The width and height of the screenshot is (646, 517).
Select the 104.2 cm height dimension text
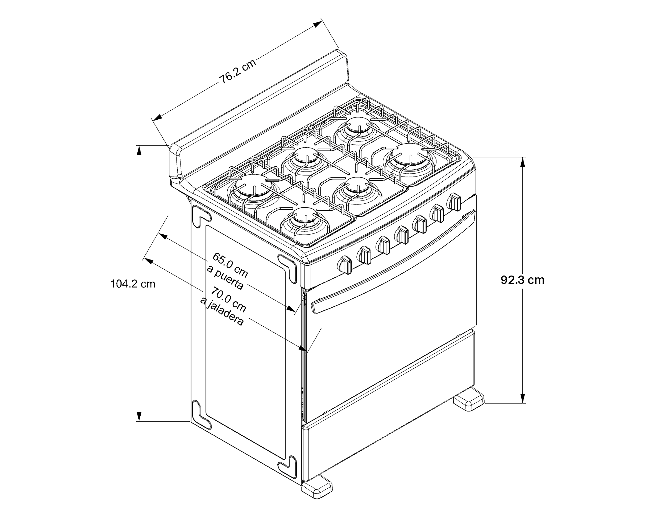tap(133, 283)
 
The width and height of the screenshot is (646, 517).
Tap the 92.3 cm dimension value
tap(522, 280)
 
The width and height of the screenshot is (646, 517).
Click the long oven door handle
tap(393, 261)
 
